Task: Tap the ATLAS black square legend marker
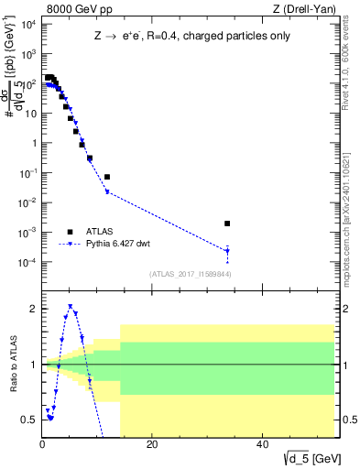70,232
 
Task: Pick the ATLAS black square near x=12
107,177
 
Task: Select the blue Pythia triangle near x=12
107,191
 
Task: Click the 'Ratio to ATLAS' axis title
12,365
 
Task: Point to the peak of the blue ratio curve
71,307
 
